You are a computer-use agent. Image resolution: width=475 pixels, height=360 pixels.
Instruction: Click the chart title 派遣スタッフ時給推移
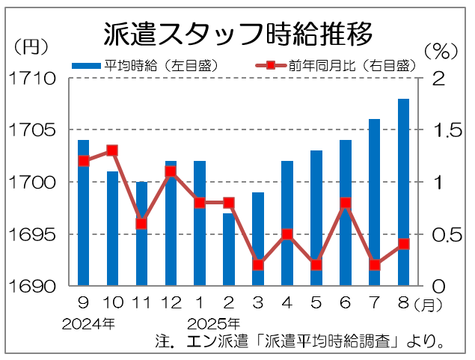coord(238,34)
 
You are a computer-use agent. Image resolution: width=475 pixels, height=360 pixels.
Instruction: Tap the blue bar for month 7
coord(375,202)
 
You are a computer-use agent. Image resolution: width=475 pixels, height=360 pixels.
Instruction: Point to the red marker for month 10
coord(112,150)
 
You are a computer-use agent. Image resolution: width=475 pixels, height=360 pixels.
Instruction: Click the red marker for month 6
coord(346,203)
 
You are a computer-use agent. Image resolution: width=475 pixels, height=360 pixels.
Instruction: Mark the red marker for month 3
coord(258,265)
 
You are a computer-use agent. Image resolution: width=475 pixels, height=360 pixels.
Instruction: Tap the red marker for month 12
coord(171,171)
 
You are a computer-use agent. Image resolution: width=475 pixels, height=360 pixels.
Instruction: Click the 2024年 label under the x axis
coord(89,324)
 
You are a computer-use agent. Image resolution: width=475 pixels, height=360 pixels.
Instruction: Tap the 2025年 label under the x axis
coord(214,324)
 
